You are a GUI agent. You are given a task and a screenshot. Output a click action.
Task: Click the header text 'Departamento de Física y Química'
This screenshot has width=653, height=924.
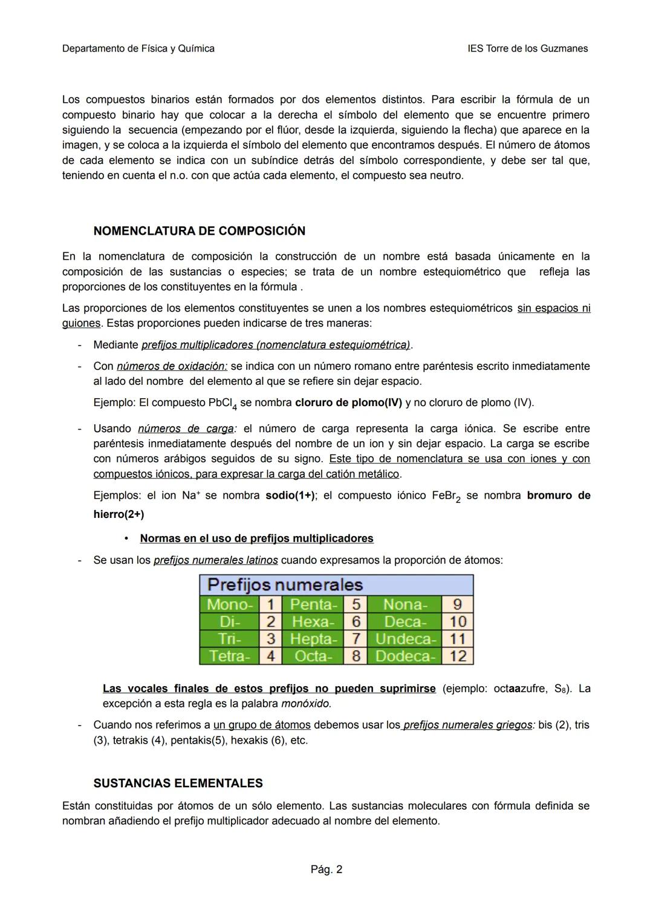coord(138,48)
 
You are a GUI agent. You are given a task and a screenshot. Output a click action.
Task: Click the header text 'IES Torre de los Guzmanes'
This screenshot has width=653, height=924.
coord(527,48)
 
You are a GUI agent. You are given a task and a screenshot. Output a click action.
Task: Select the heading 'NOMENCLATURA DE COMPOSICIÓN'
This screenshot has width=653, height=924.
coord(199,231)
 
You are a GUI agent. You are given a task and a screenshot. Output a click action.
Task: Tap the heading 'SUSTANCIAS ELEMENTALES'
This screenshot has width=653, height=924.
coord(178,783)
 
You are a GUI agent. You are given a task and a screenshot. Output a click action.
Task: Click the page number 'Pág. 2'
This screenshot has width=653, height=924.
coord(326,870)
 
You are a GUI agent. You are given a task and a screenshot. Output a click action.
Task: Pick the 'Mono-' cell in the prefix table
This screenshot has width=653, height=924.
coord(229,605)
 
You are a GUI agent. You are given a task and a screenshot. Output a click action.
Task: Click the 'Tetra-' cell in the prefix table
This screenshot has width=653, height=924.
coord(229,656)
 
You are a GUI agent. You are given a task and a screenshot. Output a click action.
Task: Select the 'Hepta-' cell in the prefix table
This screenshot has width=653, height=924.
coord(313,639)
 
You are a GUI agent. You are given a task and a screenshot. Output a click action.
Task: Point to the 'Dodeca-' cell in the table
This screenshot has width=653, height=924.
coord(404,656)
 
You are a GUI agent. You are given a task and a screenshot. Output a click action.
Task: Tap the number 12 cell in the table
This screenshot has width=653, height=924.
coord(458,656)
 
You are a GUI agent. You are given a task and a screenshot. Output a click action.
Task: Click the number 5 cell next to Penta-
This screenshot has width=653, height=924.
coord(356,605)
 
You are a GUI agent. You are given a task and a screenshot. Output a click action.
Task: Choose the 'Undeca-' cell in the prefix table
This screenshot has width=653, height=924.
coord(404,639)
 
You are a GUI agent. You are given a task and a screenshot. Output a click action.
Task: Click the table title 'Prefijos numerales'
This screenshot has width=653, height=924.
coord(285,585)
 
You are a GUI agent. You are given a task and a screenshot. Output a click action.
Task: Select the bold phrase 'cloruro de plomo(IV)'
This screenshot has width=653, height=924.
coord(348,402)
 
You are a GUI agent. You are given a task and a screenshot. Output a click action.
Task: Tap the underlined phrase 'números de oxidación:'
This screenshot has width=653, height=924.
coord(172,366)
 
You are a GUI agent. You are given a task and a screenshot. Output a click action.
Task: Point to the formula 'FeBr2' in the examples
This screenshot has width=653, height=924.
coord(446,496)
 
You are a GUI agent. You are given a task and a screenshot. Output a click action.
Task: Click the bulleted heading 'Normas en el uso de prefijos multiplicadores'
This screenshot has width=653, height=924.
coord(256,539)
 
